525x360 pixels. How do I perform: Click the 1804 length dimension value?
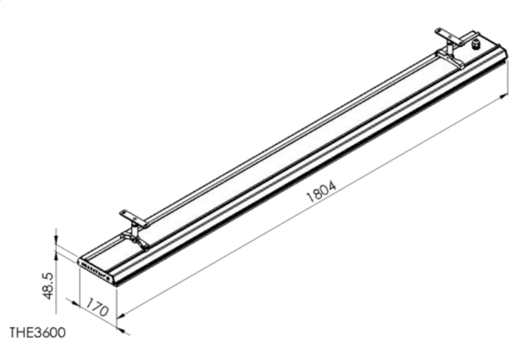(322, 192)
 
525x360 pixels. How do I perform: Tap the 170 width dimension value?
(97, 308)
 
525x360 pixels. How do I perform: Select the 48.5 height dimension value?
(48, 285)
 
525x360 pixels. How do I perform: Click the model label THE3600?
(38, 333)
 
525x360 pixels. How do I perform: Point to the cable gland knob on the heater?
(476, 43)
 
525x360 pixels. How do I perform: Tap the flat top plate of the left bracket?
(134, 218)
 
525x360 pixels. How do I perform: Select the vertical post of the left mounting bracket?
(135, 230)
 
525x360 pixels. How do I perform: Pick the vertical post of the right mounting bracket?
(450, 49)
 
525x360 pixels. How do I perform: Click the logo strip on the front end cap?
(96, 271)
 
